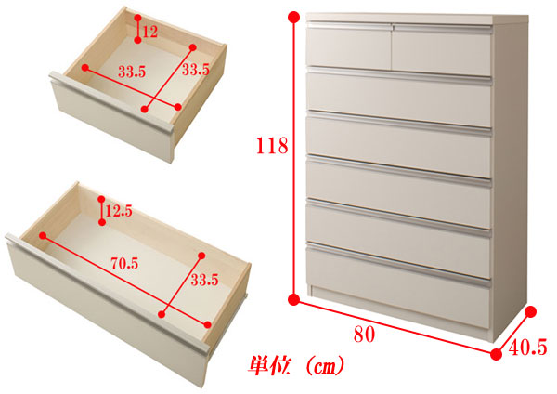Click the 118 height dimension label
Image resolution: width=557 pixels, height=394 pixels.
point(272,146)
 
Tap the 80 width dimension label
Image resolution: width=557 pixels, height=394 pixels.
point(364,335)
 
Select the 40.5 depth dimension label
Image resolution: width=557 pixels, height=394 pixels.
point(528,347)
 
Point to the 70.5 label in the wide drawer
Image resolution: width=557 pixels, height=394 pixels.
point(124,264)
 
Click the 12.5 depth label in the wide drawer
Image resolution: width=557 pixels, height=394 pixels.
point(119,211)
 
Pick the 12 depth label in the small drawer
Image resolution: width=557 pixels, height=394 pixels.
point(149,32)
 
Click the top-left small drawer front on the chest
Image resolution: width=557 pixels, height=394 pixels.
point(349,47)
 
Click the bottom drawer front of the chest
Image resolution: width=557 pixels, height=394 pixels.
point(398,285)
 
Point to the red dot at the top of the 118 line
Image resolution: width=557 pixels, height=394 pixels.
point(294,17)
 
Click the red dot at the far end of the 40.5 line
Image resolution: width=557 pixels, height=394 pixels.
point(530,312)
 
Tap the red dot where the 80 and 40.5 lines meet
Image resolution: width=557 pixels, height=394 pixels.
point(497,354)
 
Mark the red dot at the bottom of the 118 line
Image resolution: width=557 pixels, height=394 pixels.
point(293,300)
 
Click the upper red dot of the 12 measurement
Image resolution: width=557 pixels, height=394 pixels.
point(137,18)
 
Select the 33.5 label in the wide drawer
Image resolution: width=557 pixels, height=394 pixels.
point(204,281)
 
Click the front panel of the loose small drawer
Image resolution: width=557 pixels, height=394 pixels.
point(113,117)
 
